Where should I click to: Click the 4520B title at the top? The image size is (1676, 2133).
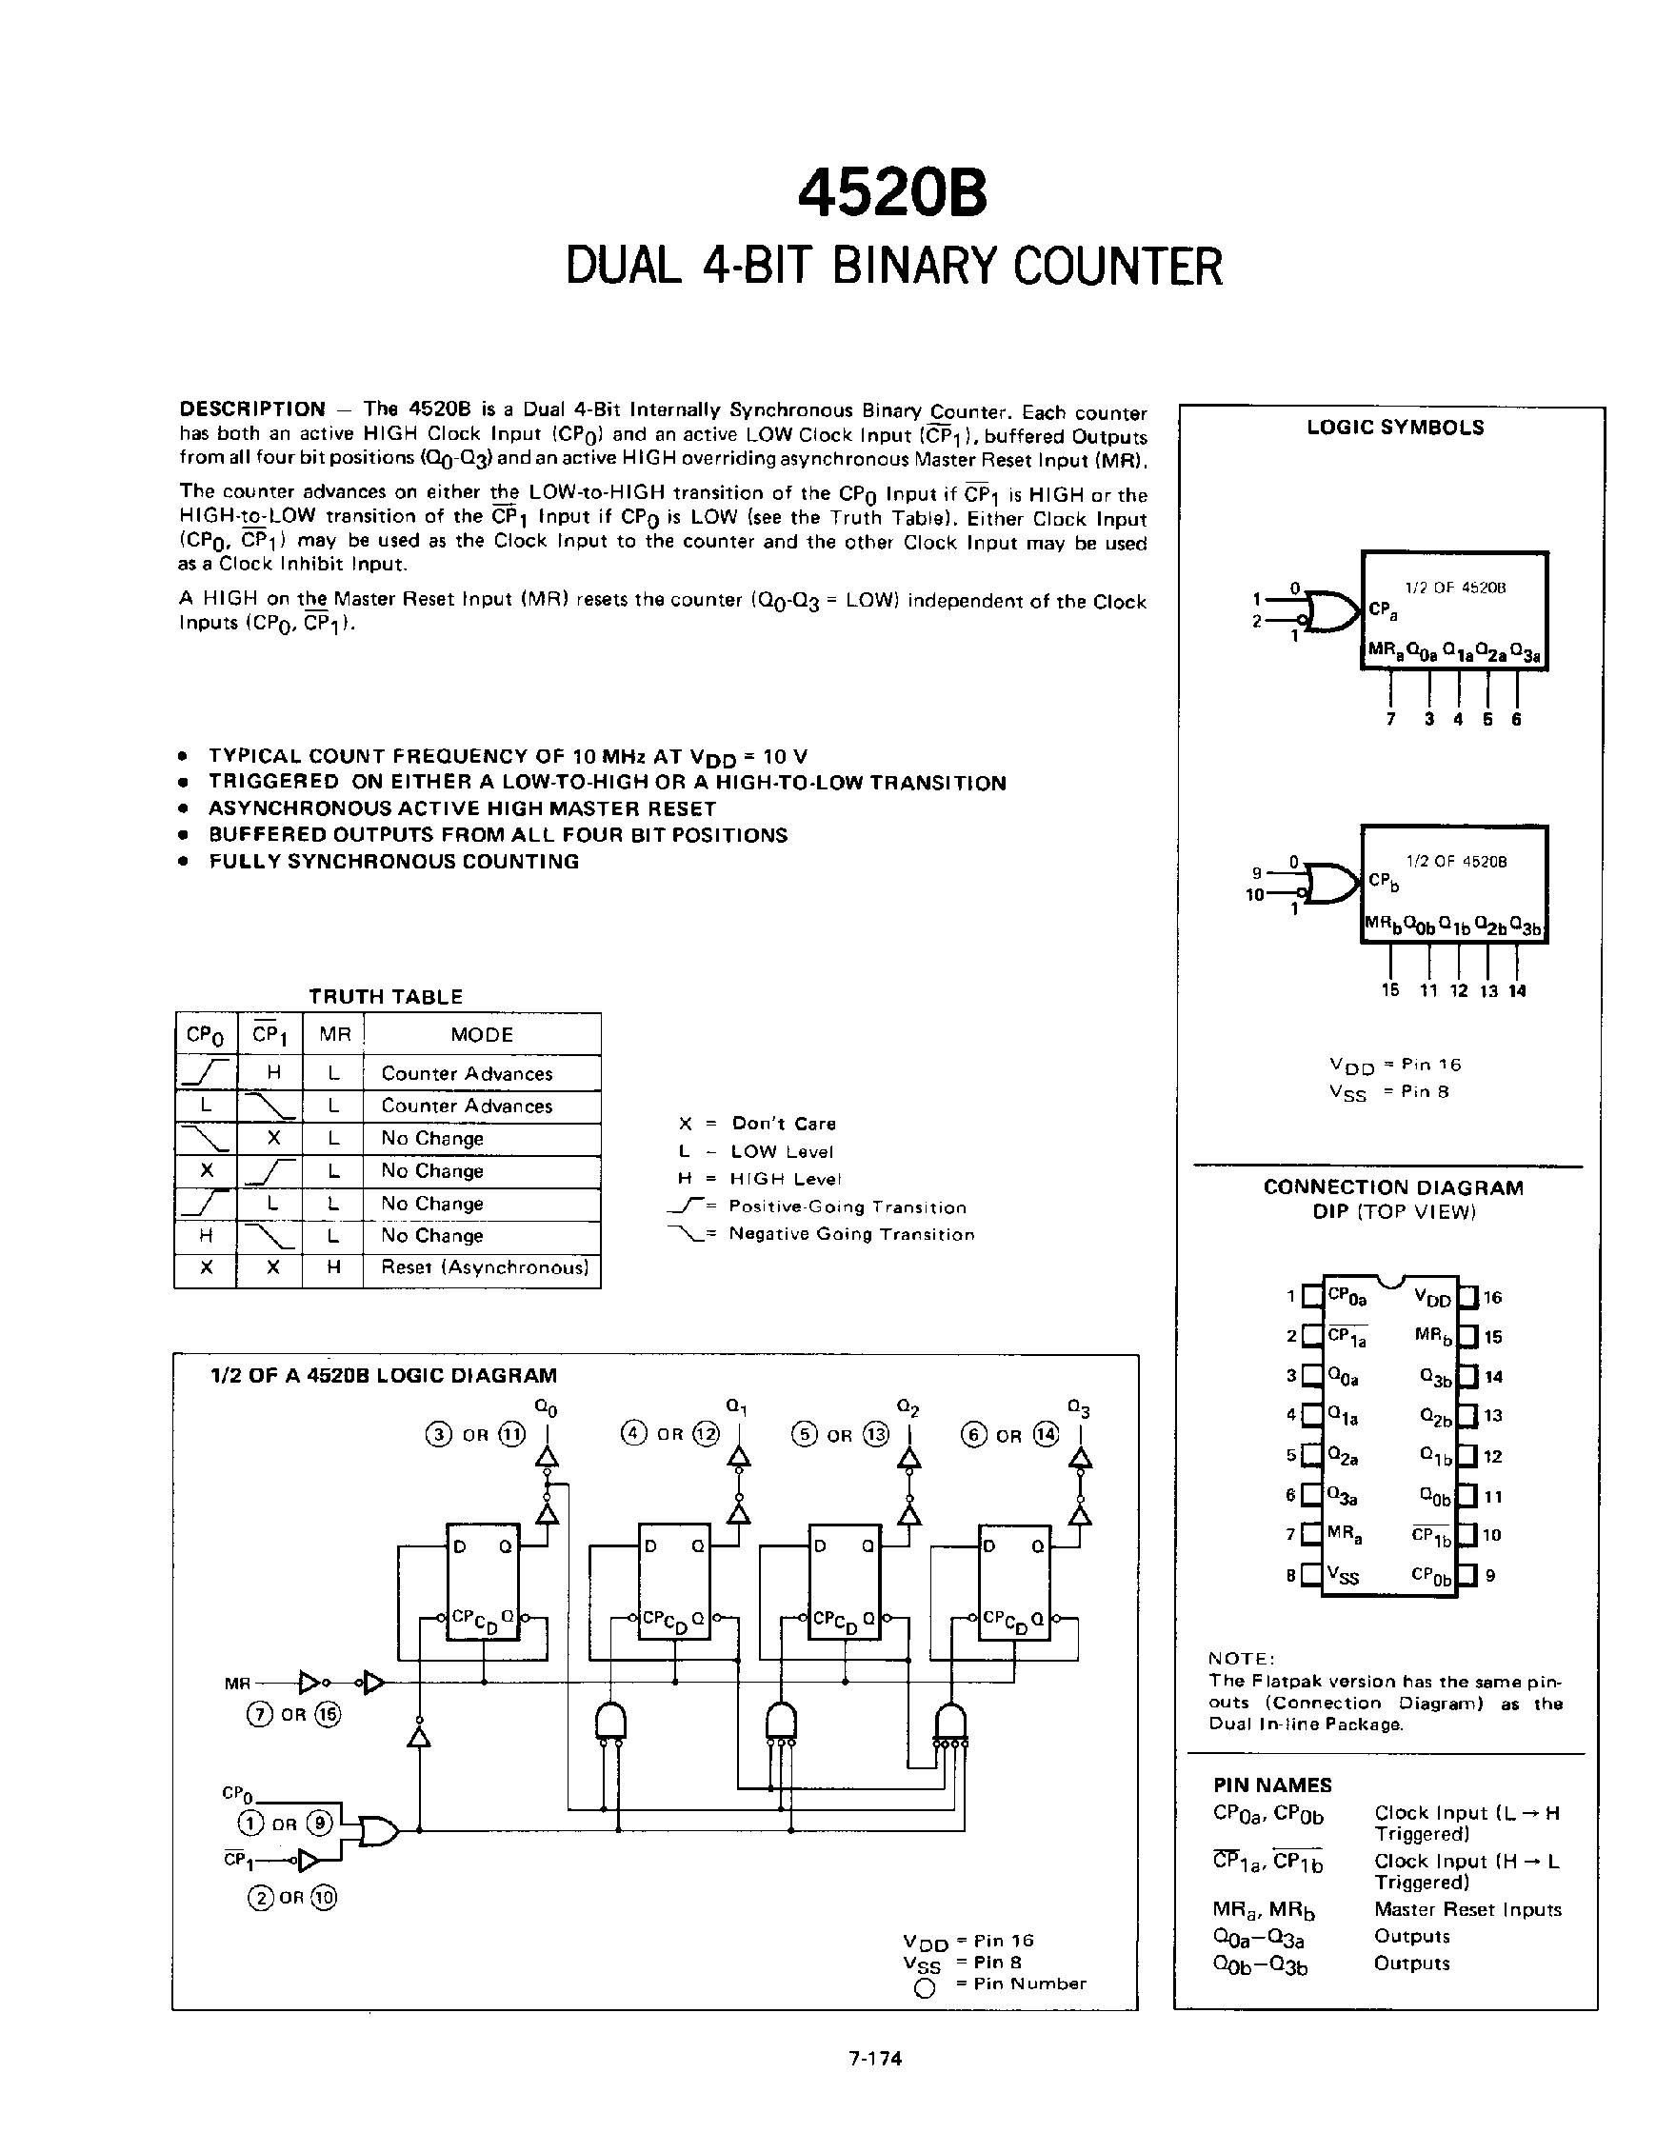point(892,192)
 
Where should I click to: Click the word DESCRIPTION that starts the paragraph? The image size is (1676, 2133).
point(252,409)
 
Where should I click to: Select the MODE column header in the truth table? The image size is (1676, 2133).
point(482,1035)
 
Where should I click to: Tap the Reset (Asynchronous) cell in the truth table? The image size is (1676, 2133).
point(485,1267)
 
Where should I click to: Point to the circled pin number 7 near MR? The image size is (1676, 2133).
point(259,1715)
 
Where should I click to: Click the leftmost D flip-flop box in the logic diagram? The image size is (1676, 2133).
point(484,1581)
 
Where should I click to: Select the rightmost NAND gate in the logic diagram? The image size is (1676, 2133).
point(949,1723)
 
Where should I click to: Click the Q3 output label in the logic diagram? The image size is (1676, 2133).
point(1078,1410)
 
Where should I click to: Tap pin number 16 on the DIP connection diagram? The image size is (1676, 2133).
point(1492,1298)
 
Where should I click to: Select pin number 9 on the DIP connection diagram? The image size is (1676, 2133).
point(1489,1576)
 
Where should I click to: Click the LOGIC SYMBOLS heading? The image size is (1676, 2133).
point(1394,428)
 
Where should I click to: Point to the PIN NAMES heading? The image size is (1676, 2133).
point(1271,1785)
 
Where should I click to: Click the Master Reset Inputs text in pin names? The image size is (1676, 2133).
point(1467,1909)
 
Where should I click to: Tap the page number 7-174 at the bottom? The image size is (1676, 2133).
point(875,2059)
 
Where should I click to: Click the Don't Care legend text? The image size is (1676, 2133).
point(783,1124)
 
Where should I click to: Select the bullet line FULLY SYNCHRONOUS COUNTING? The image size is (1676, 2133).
point(393,862)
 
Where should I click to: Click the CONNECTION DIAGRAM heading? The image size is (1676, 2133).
point(1392,1187)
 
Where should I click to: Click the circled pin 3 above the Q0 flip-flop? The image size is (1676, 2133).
point(438,1435)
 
